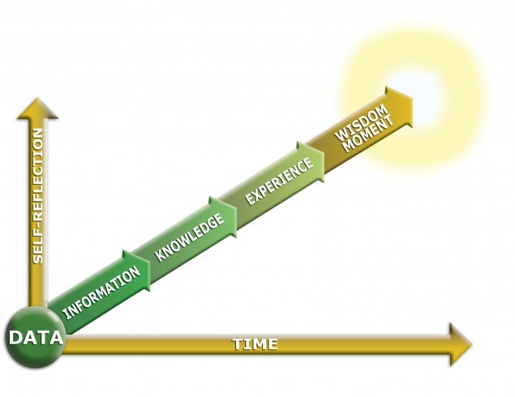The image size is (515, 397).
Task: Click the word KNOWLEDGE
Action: pos(190,237)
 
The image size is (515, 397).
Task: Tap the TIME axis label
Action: pos(255,344)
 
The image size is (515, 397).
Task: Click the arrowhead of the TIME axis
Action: pos(460,344)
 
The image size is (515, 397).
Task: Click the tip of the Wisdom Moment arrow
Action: pos(410,103)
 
